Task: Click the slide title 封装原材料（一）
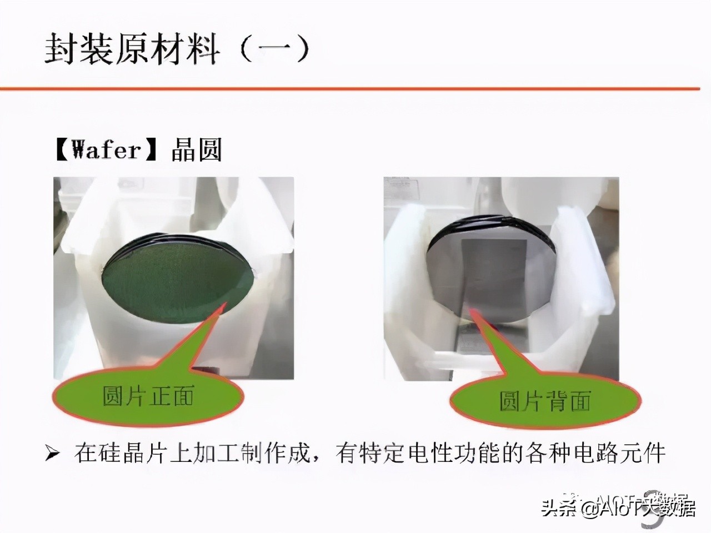coord(177,49)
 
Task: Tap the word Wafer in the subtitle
coord(106,150)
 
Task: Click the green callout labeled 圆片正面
coord(148,396)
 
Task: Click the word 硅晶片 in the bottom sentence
coord(130,454)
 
